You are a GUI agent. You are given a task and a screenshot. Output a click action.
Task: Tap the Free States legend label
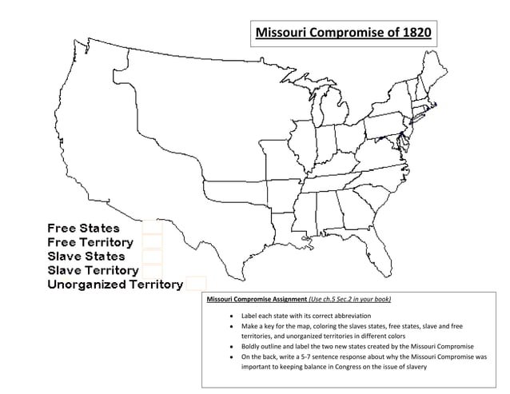(x=83, y=229)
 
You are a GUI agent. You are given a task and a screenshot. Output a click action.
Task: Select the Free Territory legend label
(x=90, y=242)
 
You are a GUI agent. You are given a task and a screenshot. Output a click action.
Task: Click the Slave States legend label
(x=86, y=256)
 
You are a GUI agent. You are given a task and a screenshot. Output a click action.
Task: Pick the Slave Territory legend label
(x=93, y=270)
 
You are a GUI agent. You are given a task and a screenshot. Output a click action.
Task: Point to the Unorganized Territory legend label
(x=115, y=285)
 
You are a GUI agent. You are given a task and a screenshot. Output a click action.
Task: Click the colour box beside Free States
(x=152, y=228)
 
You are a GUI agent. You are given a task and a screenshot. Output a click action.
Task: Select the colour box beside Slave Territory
(x=152, y=270)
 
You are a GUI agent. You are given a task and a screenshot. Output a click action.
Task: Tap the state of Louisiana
(x=283, y=224)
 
